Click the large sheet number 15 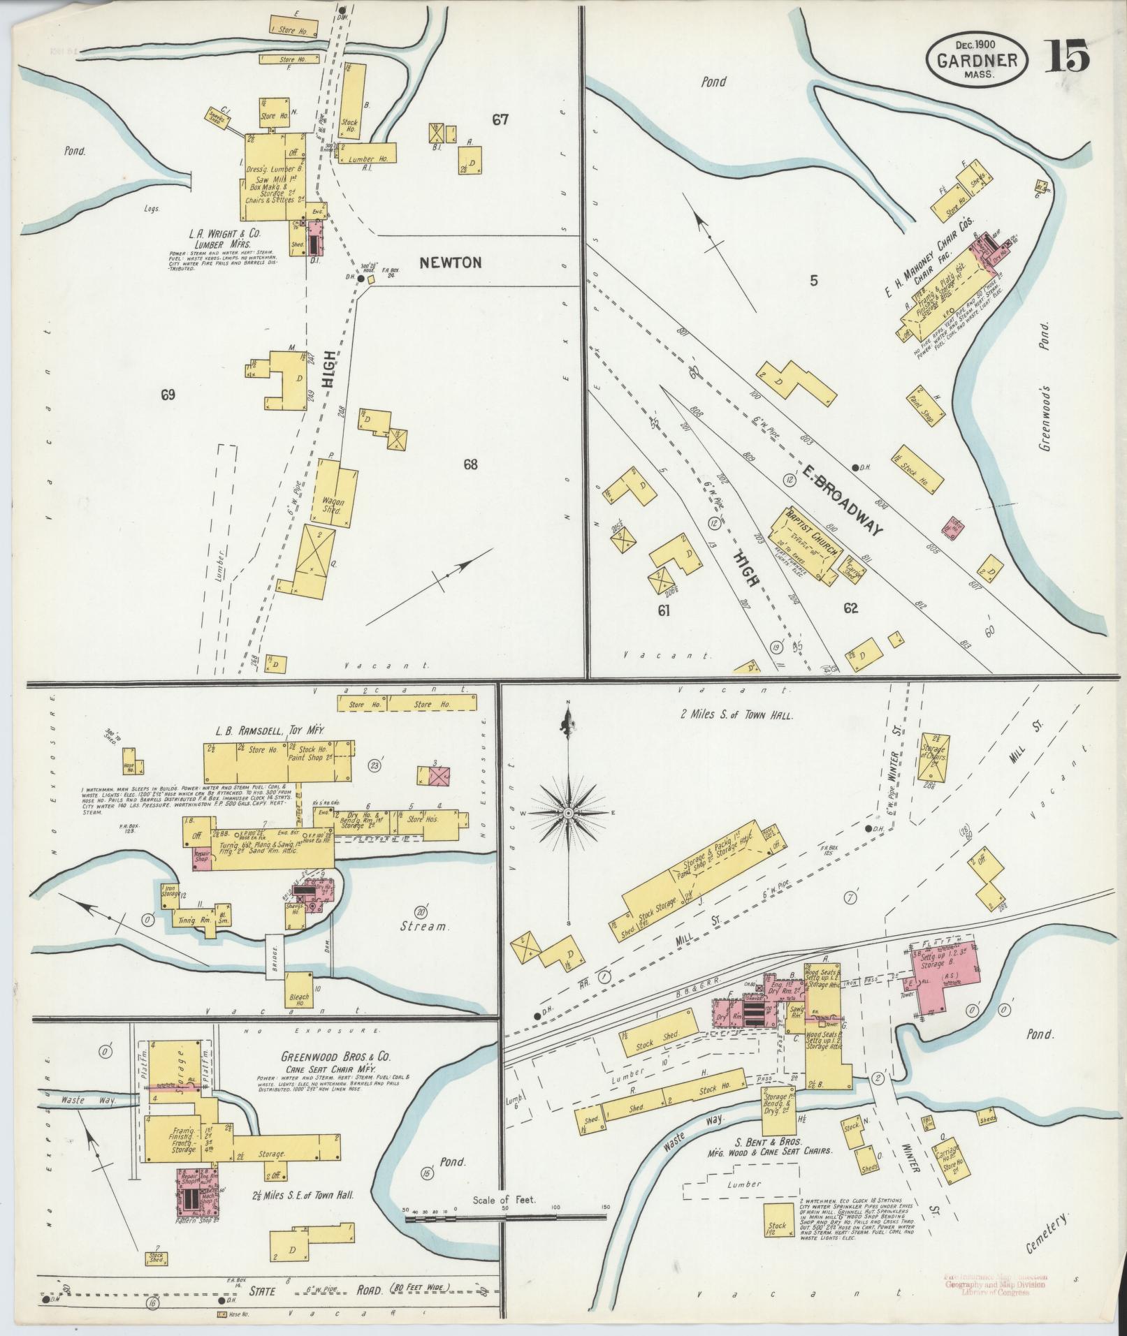point(1067,56)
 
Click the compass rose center point(569,814)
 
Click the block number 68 point(470,464)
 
